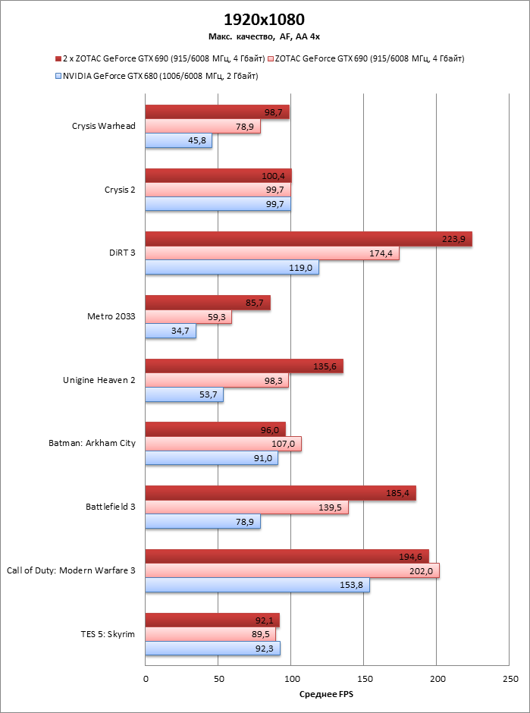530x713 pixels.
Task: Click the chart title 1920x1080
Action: pos(265,20)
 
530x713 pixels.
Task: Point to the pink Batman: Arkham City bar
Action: pos(223,444)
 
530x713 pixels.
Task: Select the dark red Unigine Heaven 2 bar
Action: pos(244,366)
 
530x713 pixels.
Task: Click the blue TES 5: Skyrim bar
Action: pos(212,649)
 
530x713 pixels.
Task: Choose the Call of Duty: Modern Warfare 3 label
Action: pos(71,570)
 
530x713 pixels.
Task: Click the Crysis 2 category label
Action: pos(120,190)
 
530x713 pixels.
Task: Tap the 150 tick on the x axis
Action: pos(363,677)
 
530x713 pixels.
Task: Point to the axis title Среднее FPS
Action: pos(326,695)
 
